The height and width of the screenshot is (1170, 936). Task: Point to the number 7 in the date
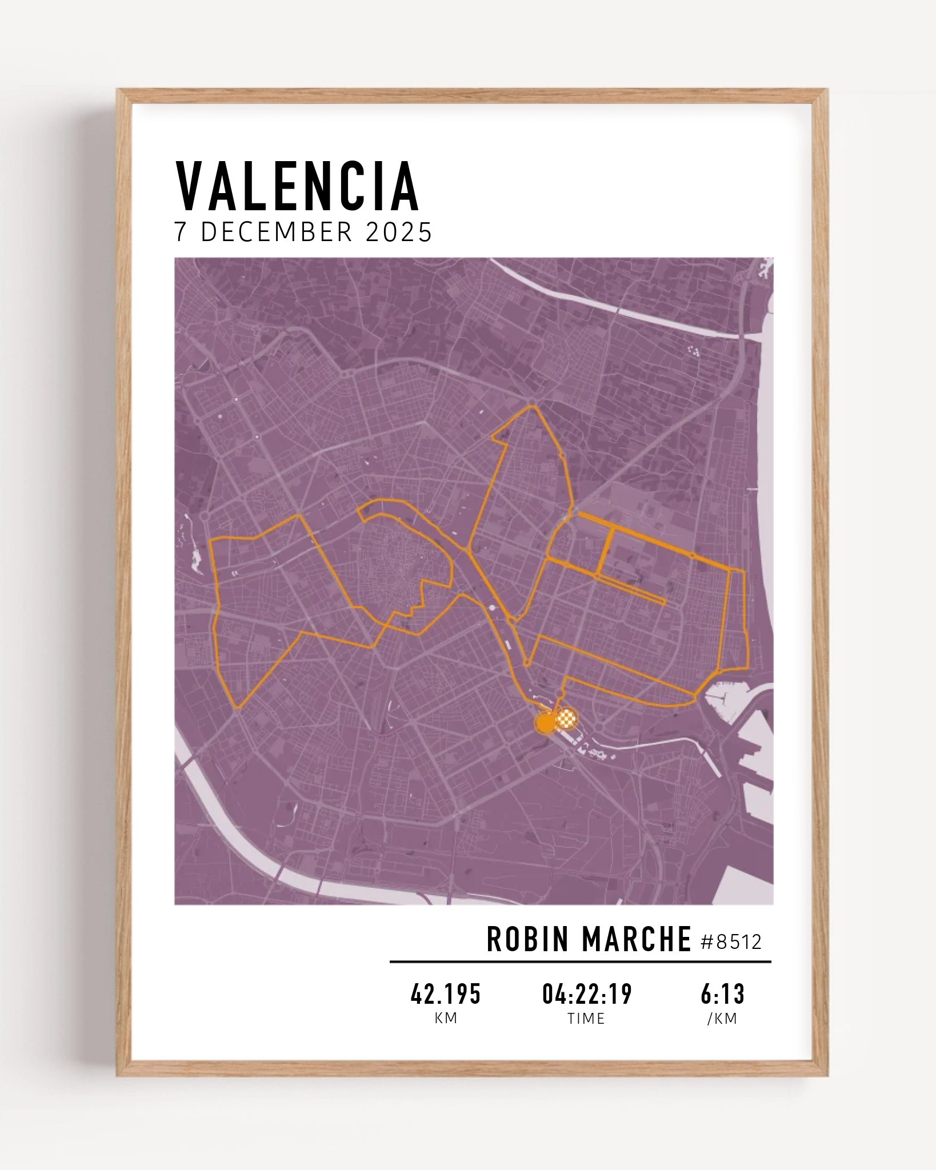[x=181, y=233]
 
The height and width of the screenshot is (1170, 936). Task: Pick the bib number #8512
[x=731, y=942]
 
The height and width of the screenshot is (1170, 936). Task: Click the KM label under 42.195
[x=446, y=1019]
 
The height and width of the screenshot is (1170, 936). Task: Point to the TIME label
[x=586, y=1019]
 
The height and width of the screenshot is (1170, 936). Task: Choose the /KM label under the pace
[x=722, y=1019]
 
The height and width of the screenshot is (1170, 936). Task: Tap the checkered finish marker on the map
[x=566, y=718]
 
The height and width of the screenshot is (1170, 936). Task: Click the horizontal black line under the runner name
[x=580, y=962]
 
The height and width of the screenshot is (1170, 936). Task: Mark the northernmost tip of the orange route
[x=533, y=406]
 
